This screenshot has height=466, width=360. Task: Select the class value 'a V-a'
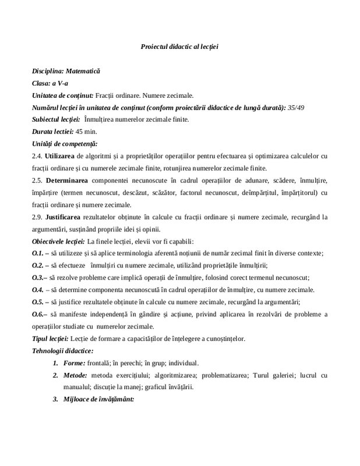[62, 83]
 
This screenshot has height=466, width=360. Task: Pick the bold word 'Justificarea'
[69, 217]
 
